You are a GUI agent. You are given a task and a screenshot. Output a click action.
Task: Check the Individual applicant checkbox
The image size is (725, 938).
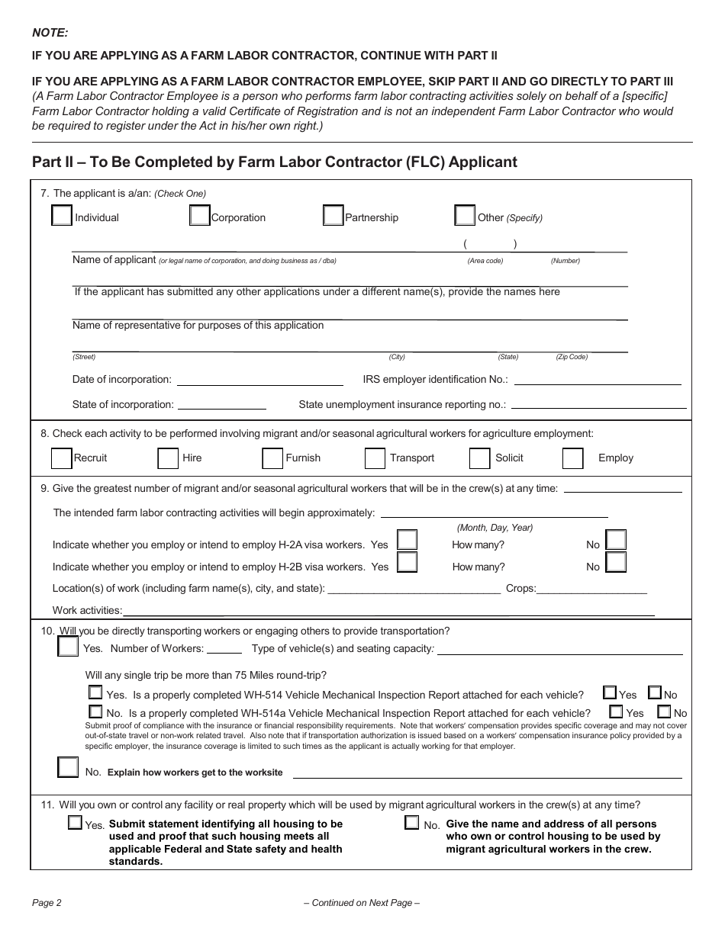pos(62,216)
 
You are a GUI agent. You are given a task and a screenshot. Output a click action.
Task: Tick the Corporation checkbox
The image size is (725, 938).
pos(199,216)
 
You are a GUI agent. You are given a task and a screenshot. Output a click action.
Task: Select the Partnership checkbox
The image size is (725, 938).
pos(333,216)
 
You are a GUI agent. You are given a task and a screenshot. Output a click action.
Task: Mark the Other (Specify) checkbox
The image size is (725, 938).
pos(464,216)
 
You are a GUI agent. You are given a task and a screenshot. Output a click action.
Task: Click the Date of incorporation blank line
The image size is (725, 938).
pos(259,381)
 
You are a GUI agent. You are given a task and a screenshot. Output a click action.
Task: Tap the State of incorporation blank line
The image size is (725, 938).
pos(221,406)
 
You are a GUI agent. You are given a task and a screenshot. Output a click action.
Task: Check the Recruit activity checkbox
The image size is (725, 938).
pos(62,458)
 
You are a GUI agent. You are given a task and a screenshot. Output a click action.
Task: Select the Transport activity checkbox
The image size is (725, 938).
pos(375,458)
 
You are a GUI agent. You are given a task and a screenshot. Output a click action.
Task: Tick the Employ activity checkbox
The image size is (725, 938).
pos(572,458)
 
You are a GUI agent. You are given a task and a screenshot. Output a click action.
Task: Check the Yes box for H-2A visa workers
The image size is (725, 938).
pos(407,541)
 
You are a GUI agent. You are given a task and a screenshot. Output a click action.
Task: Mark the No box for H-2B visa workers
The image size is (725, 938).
pos(615,563)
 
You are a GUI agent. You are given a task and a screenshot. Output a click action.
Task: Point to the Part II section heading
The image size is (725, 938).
pos(275,162)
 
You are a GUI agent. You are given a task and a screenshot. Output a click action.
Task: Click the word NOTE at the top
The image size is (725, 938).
pos(50,32)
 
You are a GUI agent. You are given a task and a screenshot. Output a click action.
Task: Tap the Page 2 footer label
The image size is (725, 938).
pos(47,903)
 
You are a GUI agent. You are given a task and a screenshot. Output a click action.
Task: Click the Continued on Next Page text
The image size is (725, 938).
pos(362,903)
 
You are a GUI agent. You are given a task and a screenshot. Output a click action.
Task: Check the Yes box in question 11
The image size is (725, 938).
pos(75,823)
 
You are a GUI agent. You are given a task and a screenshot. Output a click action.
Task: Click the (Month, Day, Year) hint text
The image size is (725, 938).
pos(495,528)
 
